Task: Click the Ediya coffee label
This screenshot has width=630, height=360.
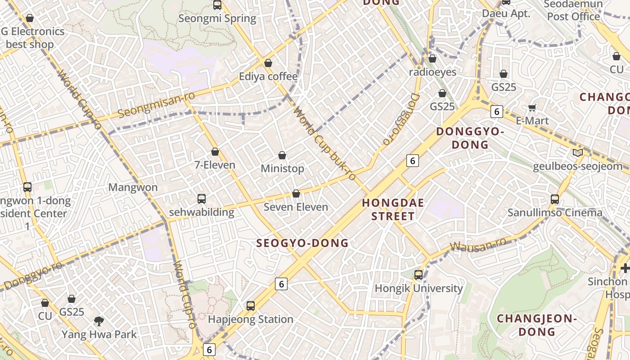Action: point(268,76)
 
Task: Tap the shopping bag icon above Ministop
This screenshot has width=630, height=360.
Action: point(282,156)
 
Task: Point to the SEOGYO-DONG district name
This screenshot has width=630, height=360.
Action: point(302,243)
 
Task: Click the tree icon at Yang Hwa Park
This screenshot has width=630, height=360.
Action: point(99,321)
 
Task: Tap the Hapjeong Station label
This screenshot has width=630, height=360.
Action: point(251,319)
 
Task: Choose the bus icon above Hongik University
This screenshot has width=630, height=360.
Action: point(418,274)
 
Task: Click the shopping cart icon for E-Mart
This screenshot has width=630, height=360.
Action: point(532,108)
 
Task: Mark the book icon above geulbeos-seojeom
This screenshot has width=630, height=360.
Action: point(578,153)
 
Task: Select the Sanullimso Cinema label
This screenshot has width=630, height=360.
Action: point(555,213)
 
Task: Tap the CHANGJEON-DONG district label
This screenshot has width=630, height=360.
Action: point(537,325)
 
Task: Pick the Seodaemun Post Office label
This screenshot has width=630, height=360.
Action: point(573,10)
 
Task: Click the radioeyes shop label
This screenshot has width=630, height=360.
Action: point(432,72)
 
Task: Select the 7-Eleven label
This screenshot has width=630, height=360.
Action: point(215,165)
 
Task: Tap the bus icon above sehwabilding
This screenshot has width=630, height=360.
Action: point(202,198)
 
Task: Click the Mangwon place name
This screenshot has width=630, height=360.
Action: point(133,187)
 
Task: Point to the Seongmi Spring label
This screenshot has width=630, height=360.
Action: point(217,18)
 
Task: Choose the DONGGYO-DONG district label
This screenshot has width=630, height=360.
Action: point(470,138)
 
